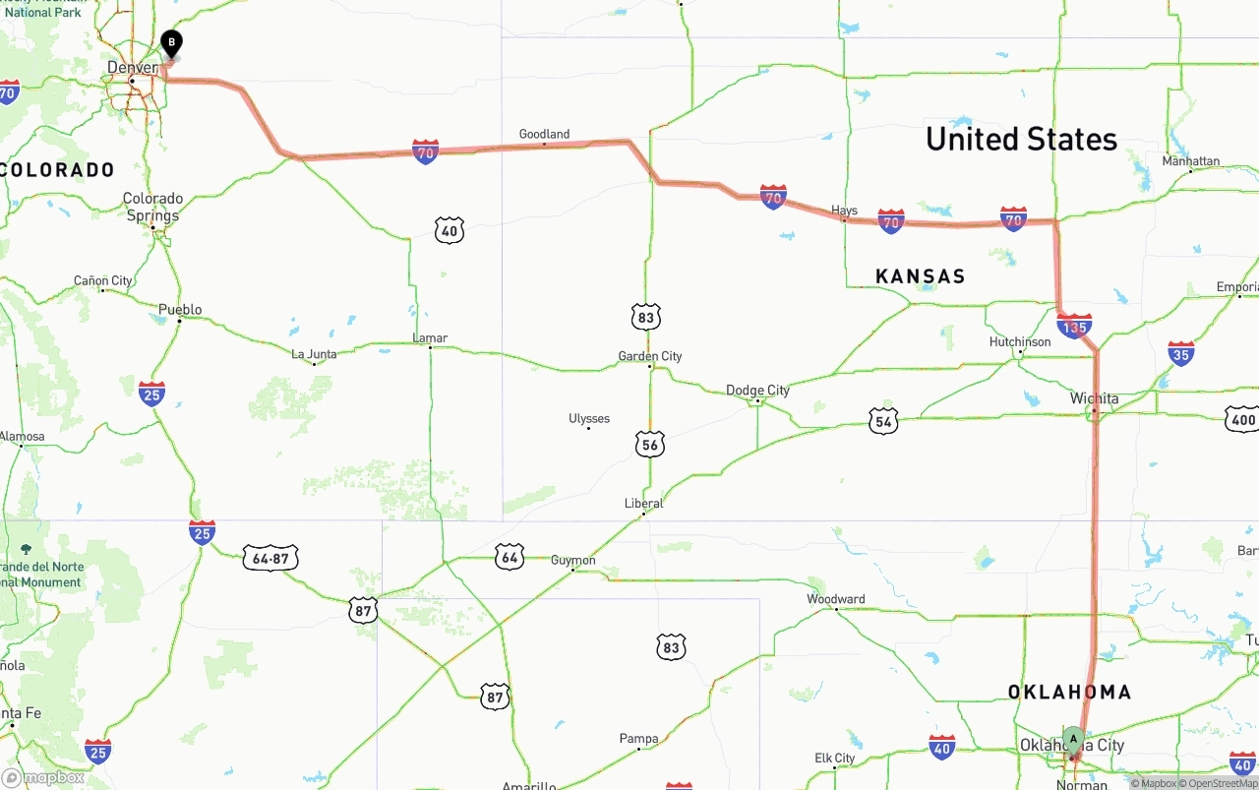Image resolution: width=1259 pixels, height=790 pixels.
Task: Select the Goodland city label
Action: point(544,134)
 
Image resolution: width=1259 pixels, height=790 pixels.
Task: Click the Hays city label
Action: point(844,211)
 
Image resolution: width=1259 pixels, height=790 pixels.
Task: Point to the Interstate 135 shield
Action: point(1074,326)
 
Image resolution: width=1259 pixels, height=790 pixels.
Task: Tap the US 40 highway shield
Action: point(449,231)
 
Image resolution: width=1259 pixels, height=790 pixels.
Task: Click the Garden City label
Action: point(649,356)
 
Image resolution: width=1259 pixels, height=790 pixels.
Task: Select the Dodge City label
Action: point(757,391)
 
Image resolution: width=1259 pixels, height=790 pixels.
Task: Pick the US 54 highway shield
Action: point(883,422)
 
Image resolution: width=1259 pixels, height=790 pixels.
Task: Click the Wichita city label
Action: point(1094,398)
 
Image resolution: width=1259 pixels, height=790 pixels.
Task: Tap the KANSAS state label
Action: point(920,276)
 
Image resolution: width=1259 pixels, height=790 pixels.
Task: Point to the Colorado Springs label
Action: point(152,207)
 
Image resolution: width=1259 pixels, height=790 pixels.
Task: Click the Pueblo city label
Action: point(180,310)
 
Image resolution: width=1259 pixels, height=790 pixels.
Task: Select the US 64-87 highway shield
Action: point(270,558)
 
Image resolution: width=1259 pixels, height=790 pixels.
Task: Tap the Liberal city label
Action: point(643,504)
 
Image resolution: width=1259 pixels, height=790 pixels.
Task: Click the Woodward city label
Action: point(835,599)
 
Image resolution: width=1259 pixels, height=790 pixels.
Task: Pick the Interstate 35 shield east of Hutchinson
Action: point(1181,354)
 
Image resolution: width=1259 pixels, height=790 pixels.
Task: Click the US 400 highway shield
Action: point(1242,420)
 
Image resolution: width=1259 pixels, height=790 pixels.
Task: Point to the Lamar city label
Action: point(430,338)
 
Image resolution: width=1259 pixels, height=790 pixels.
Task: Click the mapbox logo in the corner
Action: point(44,777)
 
